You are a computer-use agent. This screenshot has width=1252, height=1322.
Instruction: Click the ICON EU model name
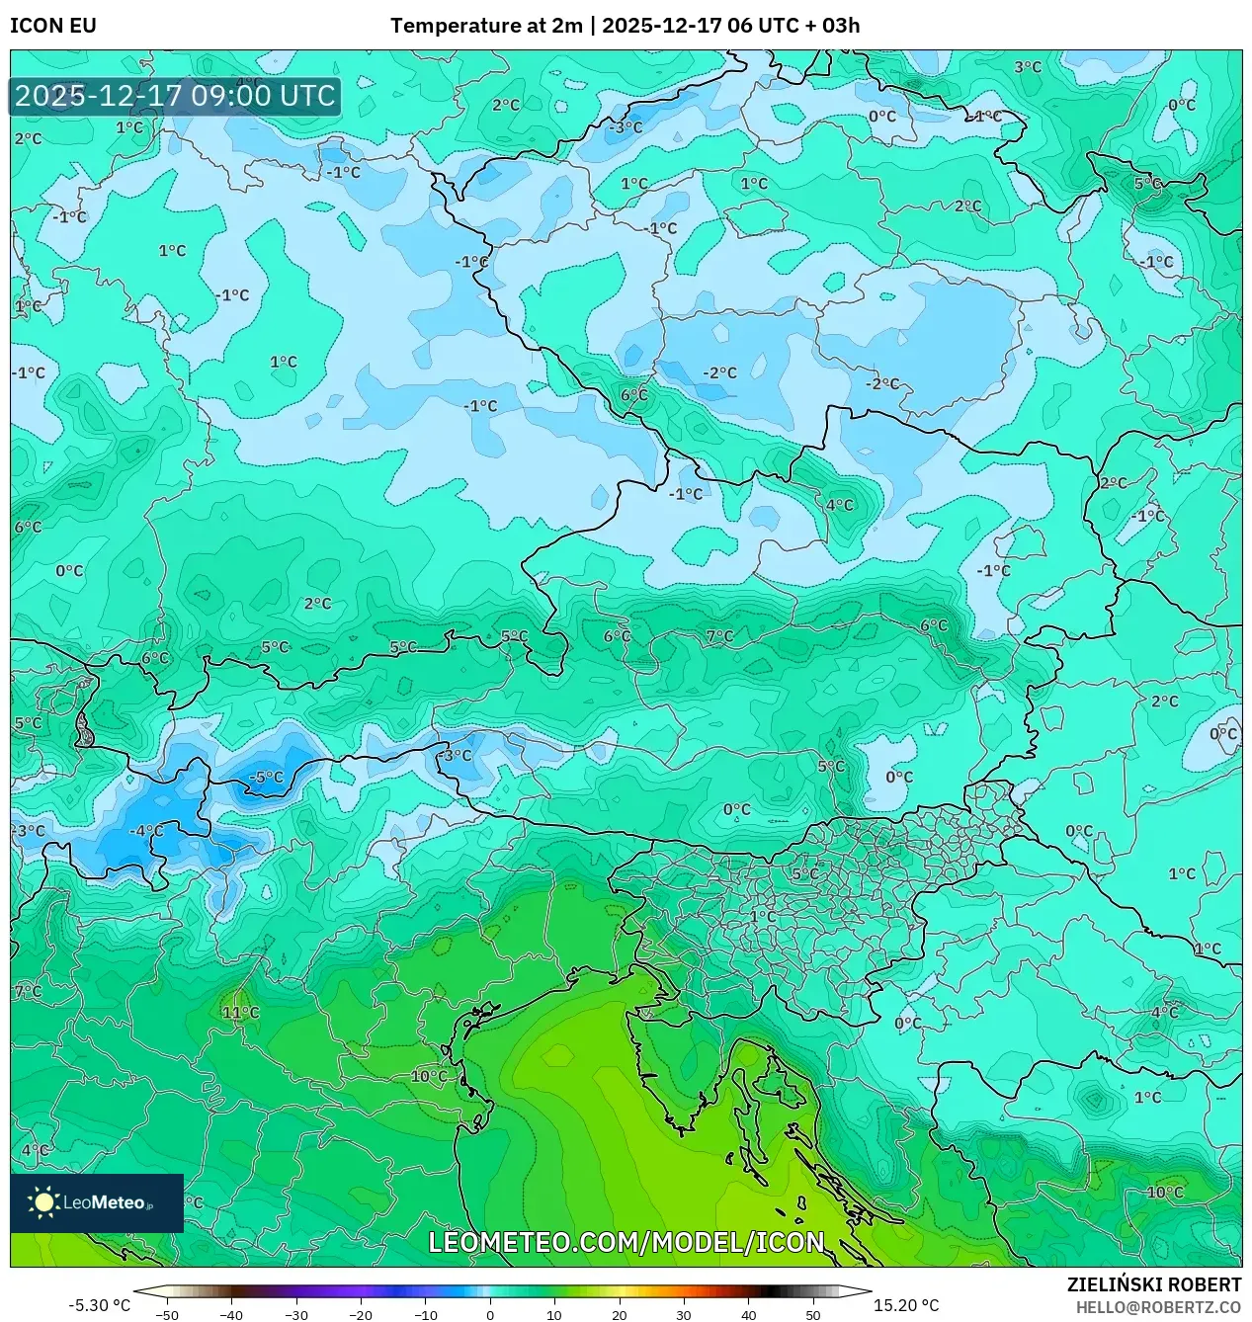click(x=53, y=26)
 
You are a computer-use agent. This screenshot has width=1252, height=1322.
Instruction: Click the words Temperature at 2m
click(x=486, y=26)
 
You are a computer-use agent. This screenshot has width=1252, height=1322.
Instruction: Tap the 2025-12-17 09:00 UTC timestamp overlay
click(x=175, y=96)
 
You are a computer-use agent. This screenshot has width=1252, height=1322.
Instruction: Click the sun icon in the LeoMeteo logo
click(x=44, y=1202)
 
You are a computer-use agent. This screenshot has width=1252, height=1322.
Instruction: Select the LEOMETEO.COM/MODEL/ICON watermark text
click(x=626, y=1242)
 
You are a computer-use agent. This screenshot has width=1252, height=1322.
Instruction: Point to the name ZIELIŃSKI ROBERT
click(x=1153, y=1284)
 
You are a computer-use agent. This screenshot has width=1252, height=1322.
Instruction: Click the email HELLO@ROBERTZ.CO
click(x=1158, y=1307)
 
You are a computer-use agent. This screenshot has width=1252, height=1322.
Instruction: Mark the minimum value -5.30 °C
click(x=99, y=1305)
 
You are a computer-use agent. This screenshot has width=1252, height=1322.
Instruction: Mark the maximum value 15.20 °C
click(x=906, y=1305)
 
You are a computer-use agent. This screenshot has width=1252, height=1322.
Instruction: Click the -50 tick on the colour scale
click(x=167, y=1314)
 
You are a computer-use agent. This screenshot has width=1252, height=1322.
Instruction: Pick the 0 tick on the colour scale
click(x=490, y=1314)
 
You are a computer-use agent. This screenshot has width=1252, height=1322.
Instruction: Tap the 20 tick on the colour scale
click(x=619, y=1314)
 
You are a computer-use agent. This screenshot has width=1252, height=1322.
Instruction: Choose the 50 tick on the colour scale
click(x=812, y=1314)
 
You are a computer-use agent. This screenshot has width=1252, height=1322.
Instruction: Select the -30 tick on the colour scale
click(x=296, y=1314)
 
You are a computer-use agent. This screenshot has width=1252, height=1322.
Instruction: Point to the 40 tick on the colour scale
click(x=748, y=1314)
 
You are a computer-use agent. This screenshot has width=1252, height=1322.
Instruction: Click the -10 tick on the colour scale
click(x=425, y=1314)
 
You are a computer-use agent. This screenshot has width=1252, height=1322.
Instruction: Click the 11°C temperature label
click(x=240, y=1013)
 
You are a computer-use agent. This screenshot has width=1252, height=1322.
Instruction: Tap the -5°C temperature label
click(x=265, y=778)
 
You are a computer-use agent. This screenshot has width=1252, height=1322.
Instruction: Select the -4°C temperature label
click(x=146, y=831)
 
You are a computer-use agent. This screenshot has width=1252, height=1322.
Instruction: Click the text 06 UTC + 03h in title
click(x=793, y=26)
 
